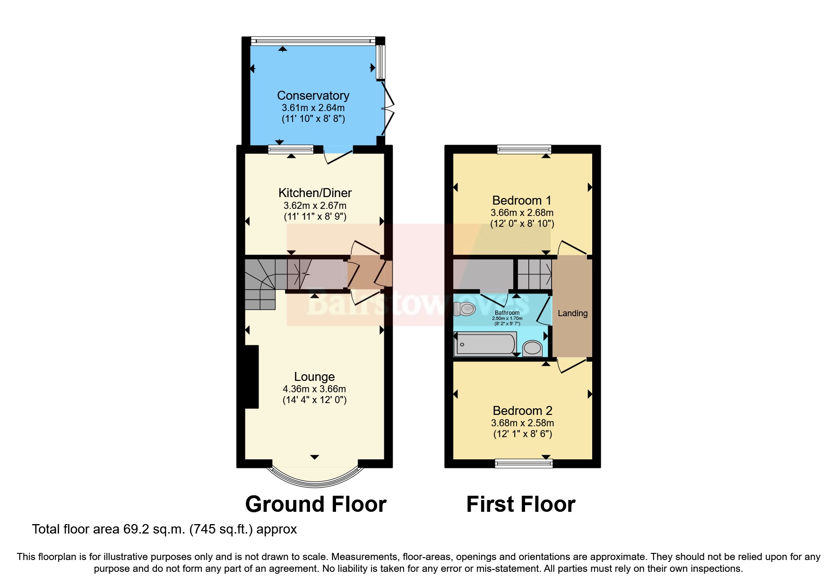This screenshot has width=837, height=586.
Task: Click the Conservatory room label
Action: point(313,95)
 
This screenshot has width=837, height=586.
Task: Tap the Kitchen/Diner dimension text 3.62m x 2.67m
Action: point(315,206)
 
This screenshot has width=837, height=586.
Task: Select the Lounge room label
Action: point(314,377)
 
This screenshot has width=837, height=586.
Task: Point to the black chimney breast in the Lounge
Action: point(251,377)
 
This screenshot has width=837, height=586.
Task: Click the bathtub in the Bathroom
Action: point(485,344)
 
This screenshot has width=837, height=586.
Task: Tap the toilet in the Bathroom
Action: point(464,309)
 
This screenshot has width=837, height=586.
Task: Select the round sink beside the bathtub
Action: point(533,348)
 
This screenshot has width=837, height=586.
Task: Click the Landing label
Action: point(572,313)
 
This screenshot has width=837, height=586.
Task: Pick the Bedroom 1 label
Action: point(522,200)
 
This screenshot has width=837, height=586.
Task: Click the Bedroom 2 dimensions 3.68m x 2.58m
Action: point(522,423)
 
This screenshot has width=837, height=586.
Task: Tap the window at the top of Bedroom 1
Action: point(524,150)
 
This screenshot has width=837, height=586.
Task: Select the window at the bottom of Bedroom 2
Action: point(524,464)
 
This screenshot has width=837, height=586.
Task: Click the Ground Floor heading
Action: point(316,504)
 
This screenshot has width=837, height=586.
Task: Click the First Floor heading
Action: point(520,504)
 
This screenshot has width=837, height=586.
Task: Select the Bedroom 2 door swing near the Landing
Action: point(571,365)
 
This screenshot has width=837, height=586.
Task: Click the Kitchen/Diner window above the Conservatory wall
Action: point(291,150)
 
